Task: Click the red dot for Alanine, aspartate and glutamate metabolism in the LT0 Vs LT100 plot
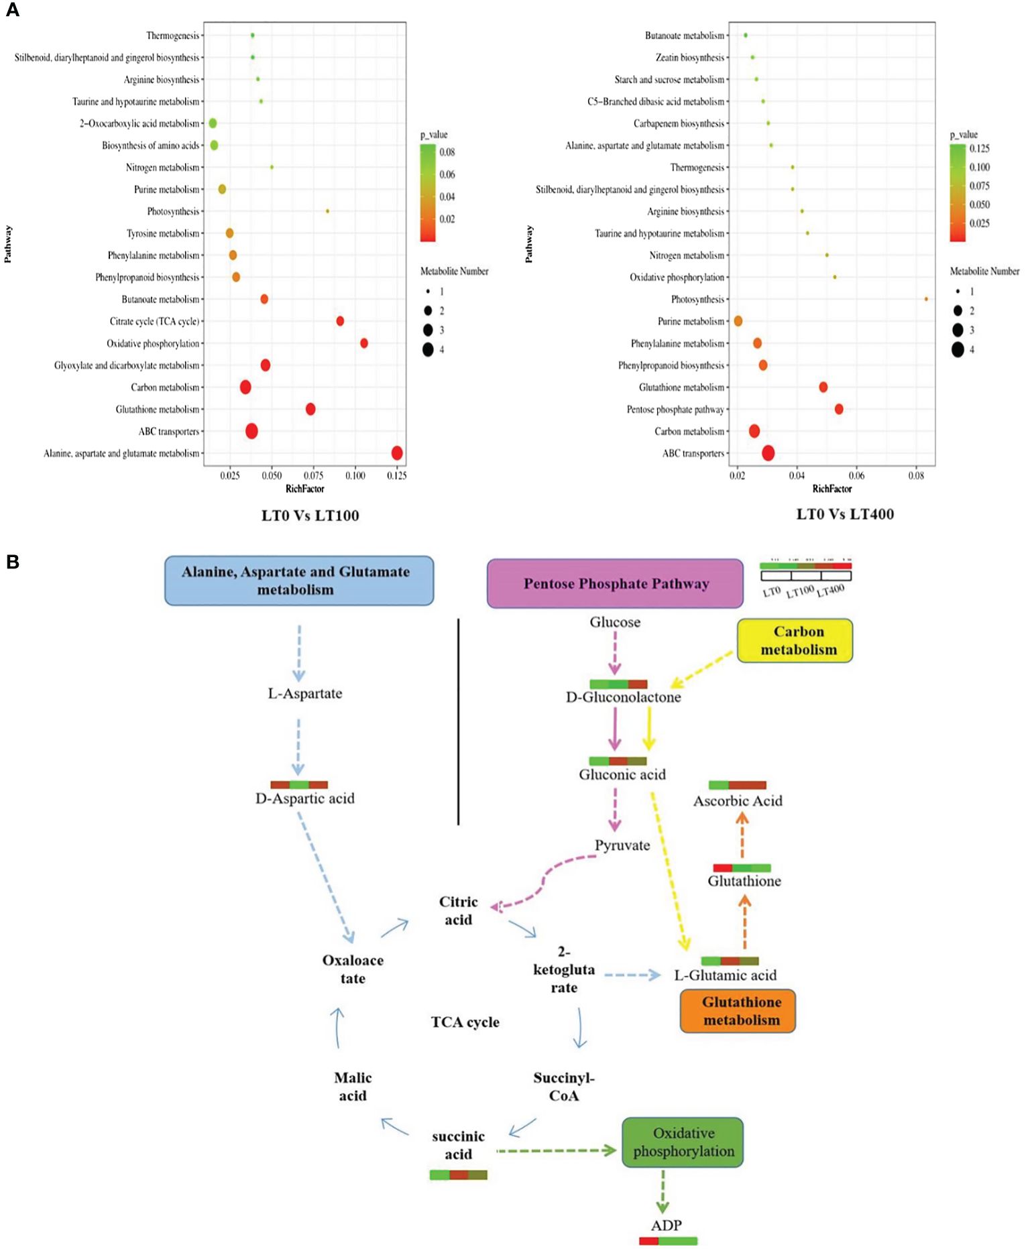[397, 453]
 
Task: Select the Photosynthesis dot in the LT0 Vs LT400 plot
[926, 299]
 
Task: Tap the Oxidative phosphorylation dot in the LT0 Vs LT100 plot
[364, 343]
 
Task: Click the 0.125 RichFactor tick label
[397, 475]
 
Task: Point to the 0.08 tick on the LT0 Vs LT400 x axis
[917, 475]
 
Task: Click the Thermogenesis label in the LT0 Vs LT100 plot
[172, 36]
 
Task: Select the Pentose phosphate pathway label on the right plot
[675, 410]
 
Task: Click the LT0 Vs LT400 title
[845, 514]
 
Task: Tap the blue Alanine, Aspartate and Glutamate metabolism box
[299, 581]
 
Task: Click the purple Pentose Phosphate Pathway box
[615, 583]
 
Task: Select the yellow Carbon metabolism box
[795, 640]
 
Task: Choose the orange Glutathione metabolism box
[738, 1011]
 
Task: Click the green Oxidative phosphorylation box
[683, 1142]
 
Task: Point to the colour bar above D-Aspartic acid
[299, 784]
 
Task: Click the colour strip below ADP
[668, 1241]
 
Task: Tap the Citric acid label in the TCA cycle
[459, 910]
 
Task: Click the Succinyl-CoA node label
[564, 1087]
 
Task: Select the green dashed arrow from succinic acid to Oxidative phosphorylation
[556, 1150]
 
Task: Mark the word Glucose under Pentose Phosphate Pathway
[615, 622]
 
